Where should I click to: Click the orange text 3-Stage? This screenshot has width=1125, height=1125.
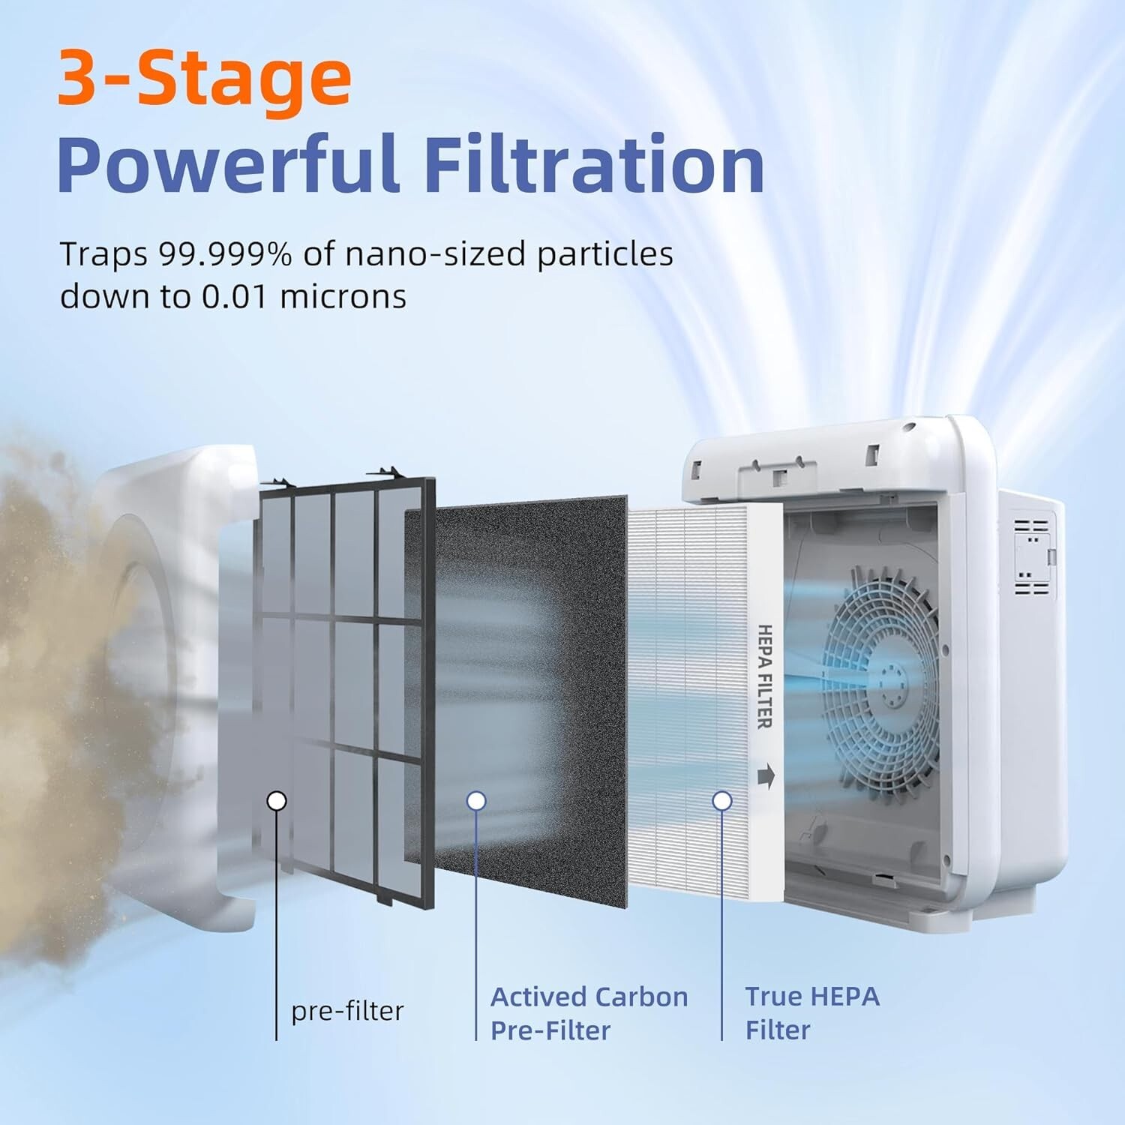[204, 78]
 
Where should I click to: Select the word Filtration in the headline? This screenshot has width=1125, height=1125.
[594, 165]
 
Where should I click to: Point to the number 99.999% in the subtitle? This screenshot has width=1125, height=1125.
[225, 254]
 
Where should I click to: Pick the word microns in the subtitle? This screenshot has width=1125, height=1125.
[343, 296]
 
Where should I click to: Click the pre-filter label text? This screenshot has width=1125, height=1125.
[347, 1011]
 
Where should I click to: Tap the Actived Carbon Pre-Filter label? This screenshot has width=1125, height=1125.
[589, 1013]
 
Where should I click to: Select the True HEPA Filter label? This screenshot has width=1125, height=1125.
[811, 1013]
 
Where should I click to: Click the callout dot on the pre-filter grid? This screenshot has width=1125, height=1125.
[277, 801]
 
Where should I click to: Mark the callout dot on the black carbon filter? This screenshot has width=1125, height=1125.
[476, 801]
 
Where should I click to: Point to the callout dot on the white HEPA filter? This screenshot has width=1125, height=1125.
[722, 801]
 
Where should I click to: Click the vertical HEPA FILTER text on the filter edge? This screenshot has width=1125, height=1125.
[764, 676]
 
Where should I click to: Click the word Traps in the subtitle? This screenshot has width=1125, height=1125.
[103, 254]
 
